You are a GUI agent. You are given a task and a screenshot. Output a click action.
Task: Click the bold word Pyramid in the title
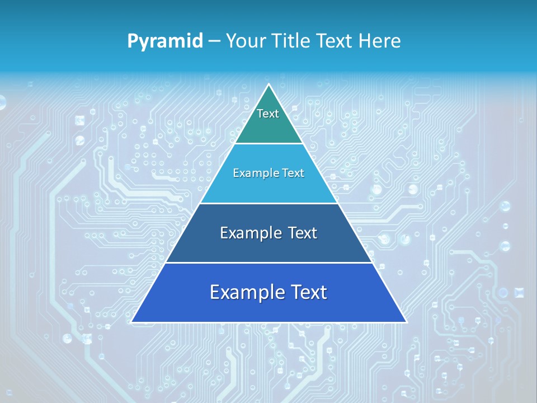[x=164, y=41]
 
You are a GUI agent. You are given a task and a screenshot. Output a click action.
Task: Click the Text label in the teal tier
[x=268, y=114]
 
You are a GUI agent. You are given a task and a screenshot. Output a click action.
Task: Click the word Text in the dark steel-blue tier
[x=303, y=233]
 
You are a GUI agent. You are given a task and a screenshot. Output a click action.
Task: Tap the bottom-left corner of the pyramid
[x=132, y=322]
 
